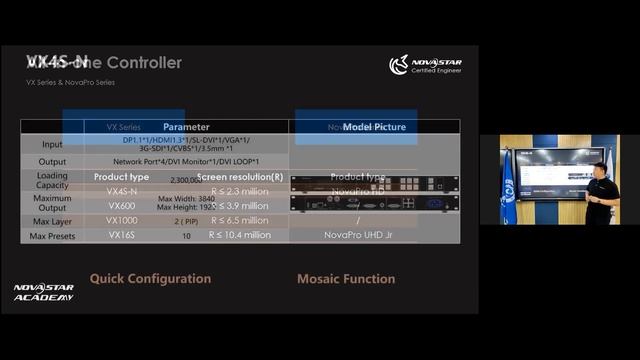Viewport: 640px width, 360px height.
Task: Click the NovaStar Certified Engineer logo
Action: coord(425,66)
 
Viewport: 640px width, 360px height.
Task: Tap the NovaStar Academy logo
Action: coord(43,292)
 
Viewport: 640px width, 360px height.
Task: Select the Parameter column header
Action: coord(186,127)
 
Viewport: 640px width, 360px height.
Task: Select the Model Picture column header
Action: coord(374,127)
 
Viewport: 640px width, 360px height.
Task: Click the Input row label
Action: coord(52,145)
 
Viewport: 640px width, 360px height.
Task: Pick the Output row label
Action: coord(52,162)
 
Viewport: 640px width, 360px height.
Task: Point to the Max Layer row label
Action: coord(52,220)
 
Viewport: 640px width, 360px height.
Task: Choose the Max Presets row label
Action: coord(52,235)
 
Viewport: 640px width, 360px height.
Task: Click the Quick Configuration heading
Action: coord(149,279)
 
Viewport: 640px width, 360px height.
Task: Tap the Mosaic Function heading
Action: coord(346,279)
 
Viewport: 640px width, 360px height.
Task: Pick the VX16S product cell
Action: coord(122,235)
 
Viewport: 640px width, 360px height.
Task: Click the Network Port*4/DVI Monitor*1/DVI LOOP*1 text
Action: coord(186,162)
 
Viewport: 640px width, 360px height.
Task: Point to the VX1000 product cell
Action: coord(122,220)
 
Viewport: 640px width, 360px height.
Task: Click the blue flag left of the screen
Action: coord(508,190)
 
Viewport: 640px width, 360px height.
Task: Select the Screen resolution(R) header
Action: coord(246,177)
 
